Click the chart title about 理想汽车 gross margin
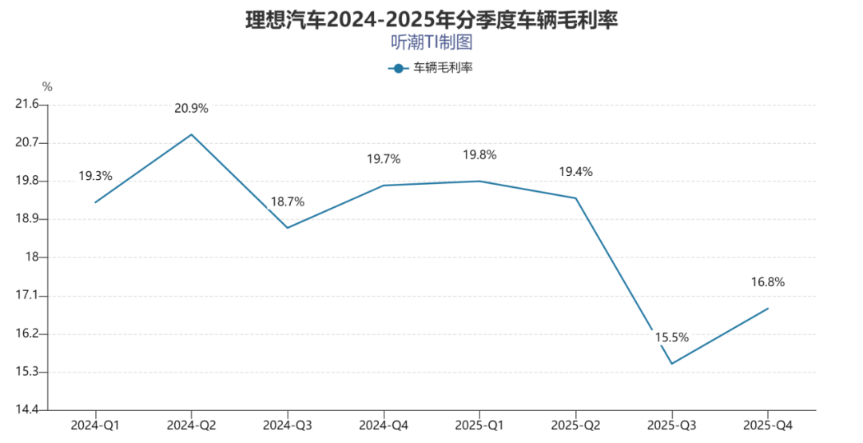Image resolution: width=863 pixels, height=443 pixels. (431, 20)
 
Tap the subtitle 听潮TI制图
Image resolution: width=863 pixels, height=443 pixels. (431, 42)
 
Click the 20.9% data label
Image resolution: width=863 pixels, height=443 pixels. (192, 109)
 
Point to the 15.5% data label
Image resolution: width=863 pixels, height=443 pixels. (672, 337)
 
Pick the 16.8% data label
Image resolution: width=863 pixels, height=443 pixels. (768, 282)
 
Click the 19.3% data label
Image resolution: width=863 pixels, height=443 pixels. (96, 176)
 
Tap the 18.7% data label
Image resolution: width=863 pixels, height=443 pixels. (288, 202)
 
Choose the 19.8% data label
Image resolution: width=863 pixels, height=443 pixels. (480, 155)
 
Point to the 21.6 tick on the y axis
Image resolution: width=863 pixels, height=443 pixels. (27, 104)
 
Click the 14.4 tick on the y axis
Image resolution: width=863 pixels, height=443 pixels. (27, 410)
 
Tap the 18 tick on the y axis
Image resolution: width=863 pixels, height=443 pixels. (32, 257)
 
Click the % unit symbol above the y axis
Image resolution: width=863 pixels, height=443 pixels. (47, 86)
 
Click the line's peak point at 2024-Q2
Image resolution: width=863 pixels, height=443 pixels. (192, 134)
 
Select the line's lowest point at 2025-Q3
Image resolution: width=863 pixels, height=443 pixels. (672, 364)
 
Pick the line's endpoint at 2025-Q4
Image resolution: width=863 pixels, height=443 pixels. (768, 309)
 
